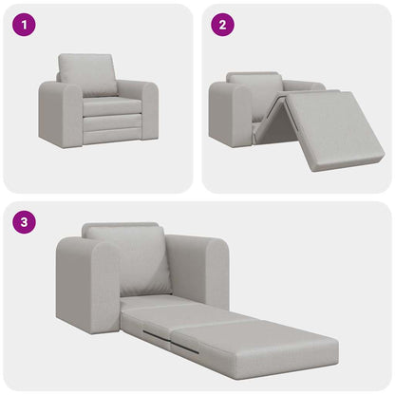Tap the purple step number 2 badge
point(221,26)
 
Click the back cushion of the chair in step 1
point(88,73)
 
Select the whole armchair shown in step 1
point(98,103)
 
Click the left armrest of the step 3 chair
point(85,284)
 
